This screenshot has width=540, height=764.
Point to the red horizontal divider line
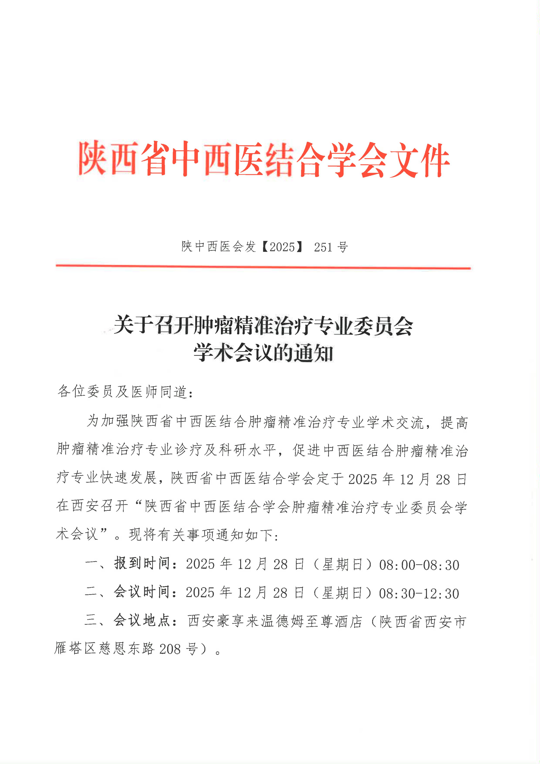coord(263,267)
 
